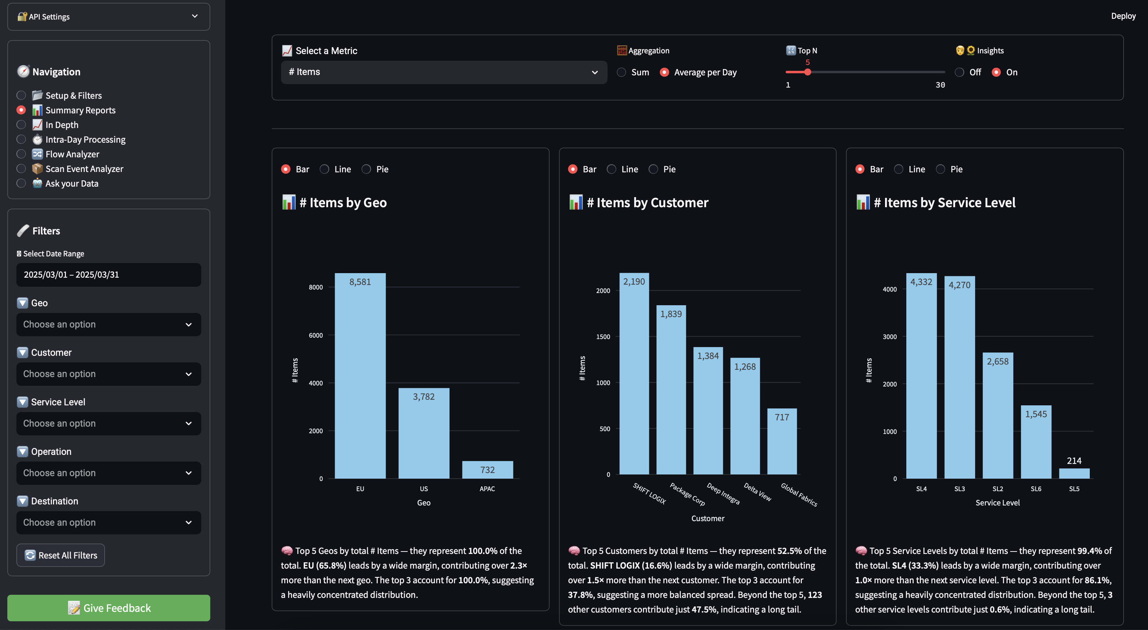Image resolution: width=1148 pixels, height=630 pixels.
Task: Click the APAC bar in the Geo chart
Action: pyautogui.click(x=487, y=470)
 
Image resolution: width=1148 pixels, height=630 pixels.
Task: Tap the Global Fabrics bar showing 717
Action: pyautogui.click(x=782, y=441)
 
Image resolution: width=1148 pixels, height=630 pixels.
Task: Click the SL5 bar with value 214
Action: pyautogui.click(x=1074, y=473)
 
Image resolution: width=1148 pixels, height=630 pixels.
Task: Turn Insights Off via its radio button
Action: pyautogui.click(x=959, y=72)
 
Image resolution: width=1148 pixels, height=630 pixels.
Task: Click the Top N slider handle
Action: pyautogui.click(x=808, y=72)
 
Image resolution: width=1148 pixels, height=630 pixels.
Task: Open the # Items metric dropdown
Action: pyautogui.click(x=444, y=72)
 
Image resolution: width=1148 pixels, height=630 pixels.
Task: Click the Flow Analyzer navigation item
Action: pyautogui.click(x=72, y=154)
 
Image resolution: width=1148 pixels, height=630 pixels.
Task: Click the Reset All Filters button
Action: pyautogui.click(x=61, y=555)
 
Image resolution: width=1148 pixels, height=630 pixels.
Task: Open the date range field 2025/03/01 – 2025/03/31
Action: pyautogui.click(x=108, y=275)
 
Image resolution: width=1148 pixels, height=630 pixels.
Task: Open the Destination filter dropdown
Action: pyautogui.click(x=108, y=523)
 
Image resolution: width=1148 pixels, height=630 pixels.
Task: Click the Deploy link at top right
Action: pyautogui.click(x=1123, y=16)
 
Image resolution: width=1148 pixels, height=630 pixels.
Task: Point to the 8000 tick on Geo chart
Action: pyautogui.click(x=316, y=287)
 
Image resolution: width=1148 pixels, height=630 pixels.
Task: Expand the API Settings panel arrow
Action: pyautogui.click(x=195, y=16)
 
